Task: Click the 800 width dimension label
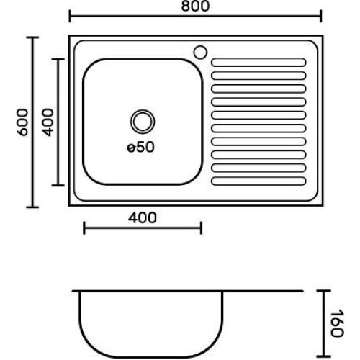(195, 6)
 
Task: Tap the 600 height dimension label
(22, 122)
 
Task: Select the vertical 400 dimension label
(48, 122)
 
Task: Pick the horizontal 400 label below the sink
(142, 218)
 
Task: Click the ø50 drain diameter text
(140, 147)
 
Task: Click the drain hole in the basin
(143, 122)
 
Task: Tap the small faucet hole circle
(200, 53)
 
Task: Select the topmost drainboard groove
(258, 63)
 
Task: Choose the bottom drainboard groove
(258, 181)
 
